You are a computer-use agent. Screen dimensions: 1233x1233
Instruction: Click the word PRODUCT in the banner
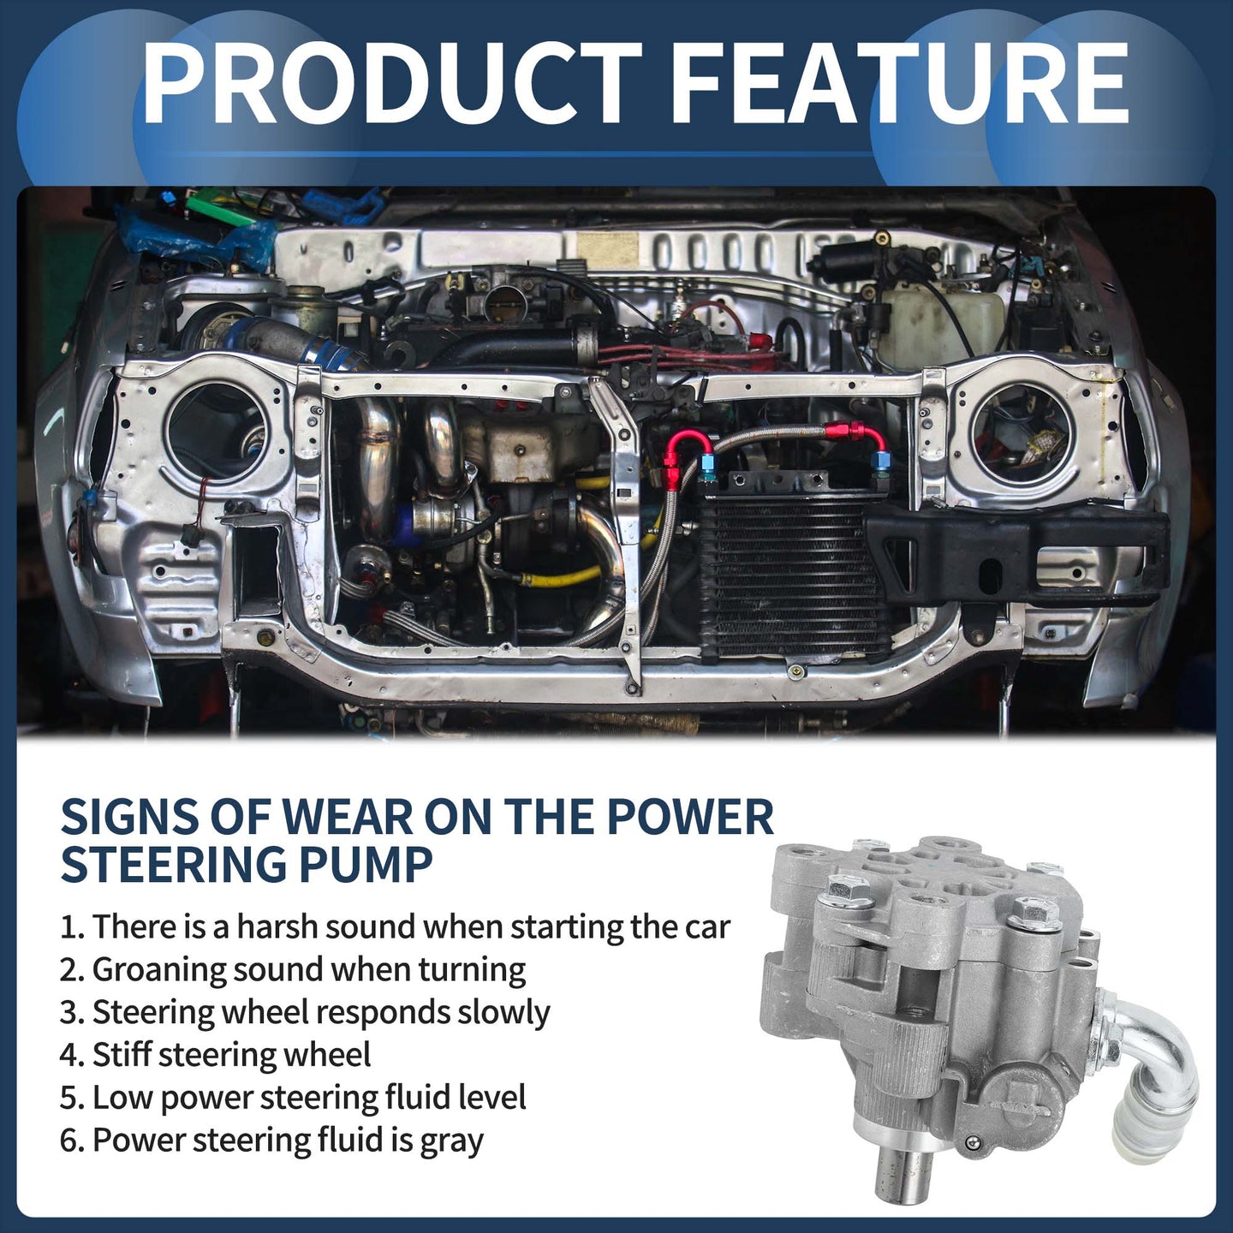tap(391, 83)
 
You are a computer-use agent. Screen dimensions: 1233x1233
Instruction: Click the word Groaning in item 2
tap(158, 971)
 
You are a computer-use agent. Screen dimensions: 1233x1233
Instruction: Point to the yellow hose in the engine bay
tap(569, 579)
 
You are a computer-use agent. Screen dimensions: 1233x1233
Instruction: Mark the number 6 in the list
tap(69, 1141)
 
